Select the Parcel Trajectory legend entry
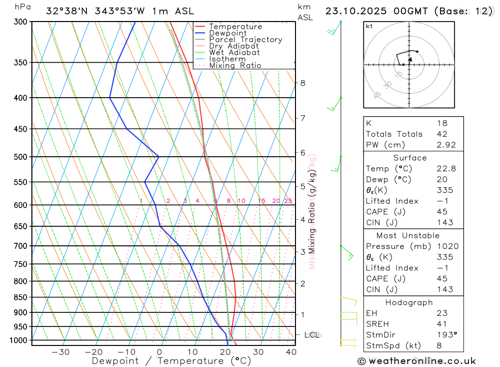[x=245, y=40]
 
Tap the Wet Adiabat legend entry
[x=234, y=53]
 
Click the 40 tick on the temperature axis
[x=291, y=352]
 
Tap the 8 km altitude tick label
[x=303, y=83]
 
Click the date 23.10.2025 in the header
[x=355, y=11]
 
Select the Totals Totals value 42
[x=441, y=134]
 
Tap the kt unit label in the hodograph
[x=369, y=27]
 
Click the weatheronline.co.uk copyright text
[x=416, y=361]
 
